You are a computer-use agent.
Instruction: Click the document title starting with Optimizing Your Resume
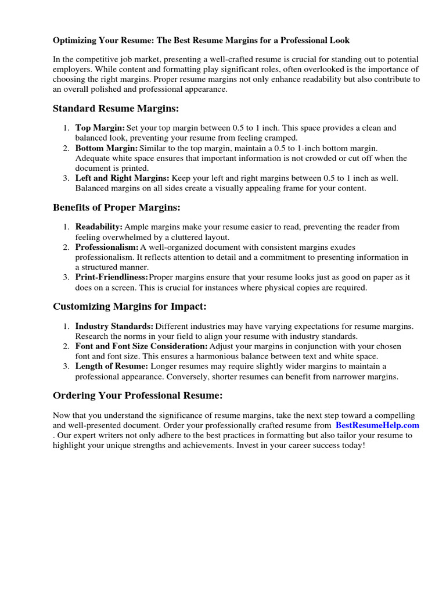[202, 41]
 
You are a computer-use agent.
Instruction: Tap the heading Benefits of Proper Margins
[117, 207]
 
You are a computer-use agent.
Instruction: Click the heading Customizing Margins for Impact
[130, 306]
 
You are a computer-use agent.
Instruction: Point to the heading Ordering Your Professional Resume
[138, 396]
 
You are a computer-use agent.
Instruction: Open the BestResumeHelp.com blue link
[377, 425]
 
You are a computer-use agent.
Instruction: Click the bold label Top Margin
[100, 128]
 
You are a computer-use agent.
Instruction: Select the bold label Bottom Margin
[106, 148]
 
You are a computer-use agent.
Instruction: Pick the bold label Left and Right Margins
[122, 178]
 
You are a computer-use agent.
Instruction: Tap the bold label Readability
[99, 227]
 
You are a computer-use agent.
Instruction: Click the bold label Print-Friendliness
[111, 277]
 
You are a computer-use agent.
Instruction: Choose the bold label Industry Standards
[114, 327]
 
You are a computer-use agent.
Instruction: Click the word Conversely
[220, 377]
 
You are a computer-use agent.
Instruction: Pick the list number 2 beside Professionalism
[67, 248]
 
